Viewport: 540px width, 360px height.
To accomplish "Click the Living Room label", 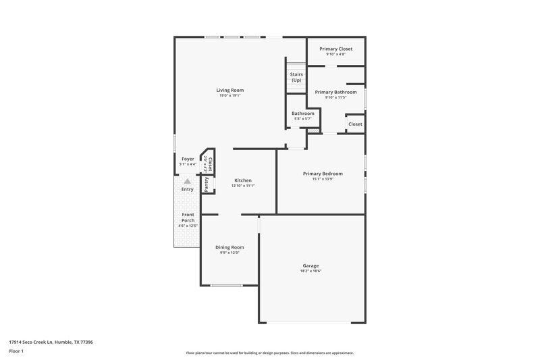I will (x=230, y=90).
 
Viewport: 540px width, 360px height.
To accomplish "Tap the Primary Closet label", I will (x=335, y=49).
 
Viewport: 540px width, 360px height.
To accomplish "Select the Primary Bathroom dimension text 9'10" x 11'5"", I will (x=335, y=97).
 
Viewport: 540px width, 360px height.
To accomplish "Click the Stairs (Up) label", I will (x=296, y=77).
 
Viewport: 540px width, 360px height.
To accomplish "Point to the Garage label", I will (x=310, y=265).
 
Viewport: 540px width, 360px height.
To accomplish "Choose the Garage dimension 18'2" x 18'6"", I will (x=310, y=271).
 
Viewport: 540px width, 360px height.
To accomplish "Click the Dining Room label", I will (x=230, y=247).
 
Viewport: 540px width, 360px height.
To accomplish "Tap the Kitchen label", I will (x=243, y=180).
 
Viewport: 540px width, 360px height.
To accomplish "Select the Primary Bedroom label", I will (x=323, y=174).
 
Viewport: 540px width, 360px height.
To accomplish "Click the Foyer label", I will (x=188, y=159).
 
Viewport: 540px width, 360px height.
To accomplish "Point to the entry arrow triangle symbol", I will (x=188, y=181).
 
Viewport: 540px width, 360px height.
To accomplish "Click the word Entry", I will (x=188, y=189).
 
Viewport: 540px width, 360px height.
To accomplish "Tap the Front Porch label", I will (x=188, y=217).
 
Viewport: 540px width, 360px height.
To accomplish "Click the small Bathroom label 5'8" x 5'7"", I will (x=302, y=113).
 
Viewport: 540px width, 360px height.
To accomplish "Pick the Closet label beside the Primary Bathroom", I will (x=354, y=124).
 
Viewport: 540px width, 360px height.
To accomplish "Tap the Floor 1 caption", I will (x=17, y=352).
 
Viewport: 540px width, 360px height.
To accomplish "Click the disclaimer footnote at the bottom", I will (x=269, y=353).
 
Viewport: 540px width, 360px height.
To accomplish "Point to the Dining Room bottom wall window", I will (x=226, y=285).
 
